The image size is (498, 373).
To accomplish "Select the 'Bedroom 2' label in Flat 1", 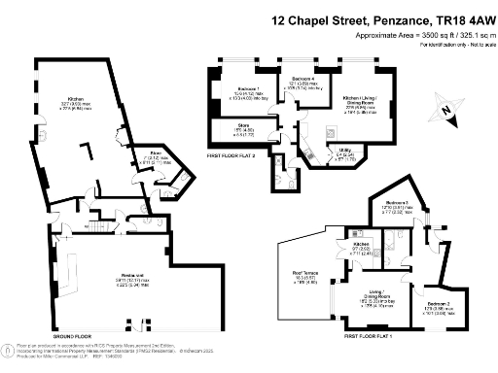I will pyautogui.click(x=436, y=304).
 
